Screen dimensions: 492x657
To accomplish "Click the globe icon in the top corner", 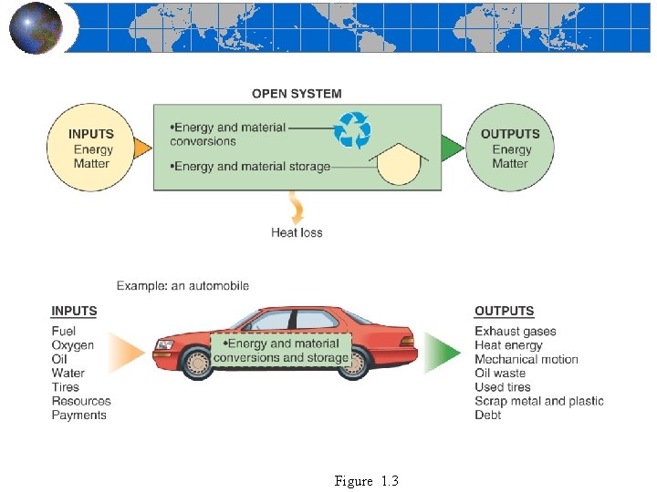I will (36, 27).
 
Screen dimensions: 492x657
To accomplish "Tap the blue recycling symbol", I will (352, 129).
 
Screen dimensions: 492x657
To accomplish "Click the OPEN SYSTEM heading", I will (297, 93).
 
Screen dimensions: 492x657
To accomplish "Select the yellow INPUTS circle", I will (91, 148).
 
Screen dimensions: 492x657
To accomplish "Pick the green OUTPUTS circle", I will (510, 148).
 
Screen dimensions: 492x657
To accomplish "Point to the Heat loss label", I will (297, 232).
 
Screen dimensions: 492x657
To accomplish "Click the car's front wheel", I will (198, 362).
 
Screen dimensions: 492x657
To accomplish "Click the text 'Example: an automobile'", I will (182, 286).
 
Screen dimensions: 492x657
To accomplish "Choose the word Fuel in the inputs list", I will (64, 331).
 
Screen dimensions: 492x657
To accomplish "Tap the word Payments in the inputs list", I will (79, 415).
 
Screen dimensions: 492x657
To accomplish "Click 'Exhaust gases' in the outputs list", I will (516, 331).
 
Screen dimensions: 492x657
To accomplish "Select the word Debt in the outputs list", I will (488, 415).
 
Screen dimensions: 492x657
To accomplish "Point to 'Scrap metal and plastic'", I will (539, 401).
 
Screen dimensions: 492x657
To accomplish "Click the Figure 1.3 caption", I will (367, 481).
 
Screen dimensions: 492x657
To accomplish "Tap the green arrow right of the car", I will (443, 354).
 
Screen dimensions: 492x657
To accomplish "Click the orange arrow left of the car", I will (129, 354).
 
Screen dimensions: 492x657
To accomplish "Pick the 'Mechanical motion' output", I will (527, 359).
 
